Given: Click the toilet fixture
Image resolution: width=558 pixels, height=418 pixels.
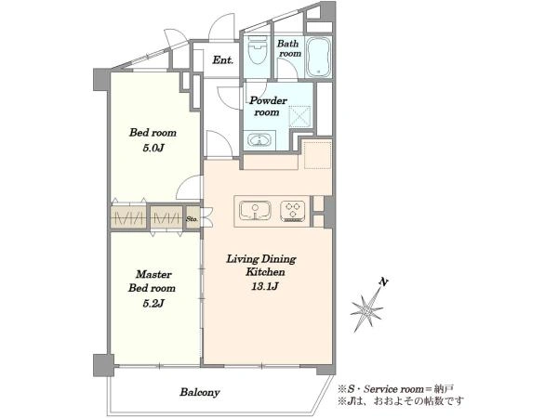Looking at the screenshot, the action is [x=258, y=50].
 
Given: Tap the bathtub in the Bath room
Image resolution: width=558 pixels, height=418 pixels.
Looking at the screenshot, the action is [x=319, y=57].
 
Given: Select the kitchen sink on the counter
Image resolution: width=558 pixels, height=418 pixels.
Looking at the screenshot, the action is [x=255, y=211].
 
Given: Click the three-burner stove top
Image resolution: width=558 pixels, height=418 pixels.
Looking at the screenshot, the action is [x=293, y=211].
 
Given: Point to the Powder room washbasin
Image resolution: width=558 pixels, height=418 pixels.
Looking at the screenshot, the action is [x=260, y=138].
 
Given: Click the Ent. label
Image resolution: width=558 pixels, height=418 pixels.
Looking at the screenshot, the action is [x=223, y=60].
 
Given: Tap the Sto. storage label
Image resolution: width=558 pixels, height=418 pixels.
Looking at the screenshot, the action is [x=192, y=219].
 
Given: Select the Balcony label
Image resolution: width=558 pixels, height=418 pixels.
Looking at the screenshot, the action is [x=199, y=392].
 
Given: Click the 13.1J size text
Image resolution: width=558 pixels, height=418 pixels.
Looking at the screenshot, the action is [x=264, y=286].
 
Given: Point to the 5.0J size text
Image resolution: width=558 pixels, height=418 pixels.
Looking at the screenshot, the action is [x=153, y=148].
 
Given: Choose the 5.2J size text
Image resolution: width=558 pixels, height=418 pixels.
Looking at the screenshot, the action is [x=153, y=303].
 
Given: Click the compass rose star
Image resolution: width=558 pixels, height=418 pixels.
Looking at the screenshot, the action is [x=367, y=310].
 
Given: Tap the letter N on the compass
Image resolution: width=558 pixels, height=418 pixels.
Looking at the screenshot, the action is [x=383, y=282].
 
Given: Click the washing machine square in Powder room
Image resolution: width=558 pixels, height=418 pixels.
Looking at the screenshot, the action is [x=299, y=116].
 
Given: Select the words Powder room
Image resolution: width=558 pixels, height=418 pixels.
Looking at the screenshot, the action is [x=268, y=106].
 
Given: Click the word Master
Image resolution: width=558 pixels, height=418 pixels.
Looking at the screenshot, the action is [x=153, y=274].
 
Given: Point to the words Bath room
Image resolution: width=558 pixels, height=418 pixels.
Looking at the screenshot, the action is [x=289, y=48].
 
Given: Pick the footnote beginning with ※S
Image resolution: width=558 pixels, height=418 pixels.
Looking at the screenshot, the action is [x=395, y=389].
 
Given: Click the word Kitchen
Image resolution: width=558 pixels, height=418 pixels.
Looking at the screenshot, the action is [x=265, y=272].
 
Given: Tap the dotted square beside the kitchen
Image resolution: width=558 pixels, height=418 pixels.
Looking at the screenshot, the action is [x=317, y=154].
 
